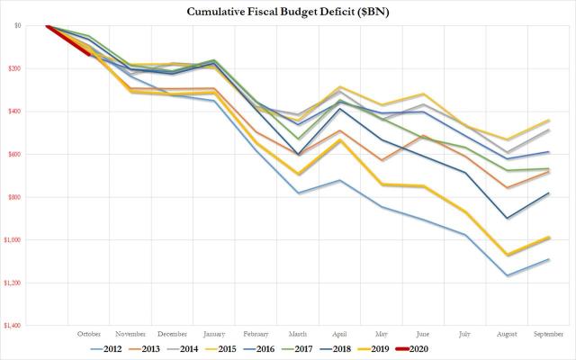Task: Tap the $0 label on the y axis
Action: point(20,26)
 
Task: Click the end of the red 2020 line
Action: point(88,55)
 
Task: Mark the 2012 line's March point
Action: point(299,193)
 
